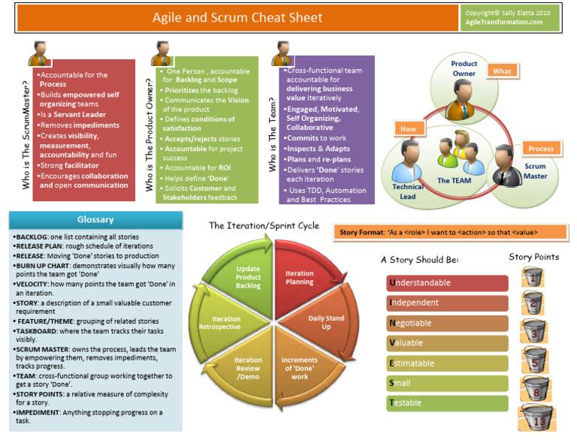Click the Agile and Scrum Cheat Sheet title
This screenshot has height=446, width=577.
(237, 17)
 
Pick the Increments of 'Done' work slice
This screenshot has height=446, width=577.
(299, 367)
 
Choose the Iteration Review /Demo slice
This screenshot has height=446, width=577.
(248, 368)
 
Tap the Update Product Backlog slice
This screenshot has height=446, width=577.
(247, 277)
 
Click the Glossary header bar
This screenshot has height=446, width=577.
(95, 220)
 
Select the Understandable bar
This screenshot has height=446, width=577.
(447, 283)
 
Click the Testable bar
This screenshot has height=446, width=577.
(447, 403)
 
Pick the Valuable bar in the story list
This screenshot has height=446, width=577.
(447, 343)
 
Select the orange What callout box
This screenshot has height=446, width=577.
(502, 71)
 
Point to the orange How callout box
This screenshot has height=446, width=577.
(408, 128)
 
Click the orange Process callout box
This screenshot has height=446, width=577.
(540, 149)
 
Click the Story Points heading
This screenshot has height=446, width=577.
(533, 257)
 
